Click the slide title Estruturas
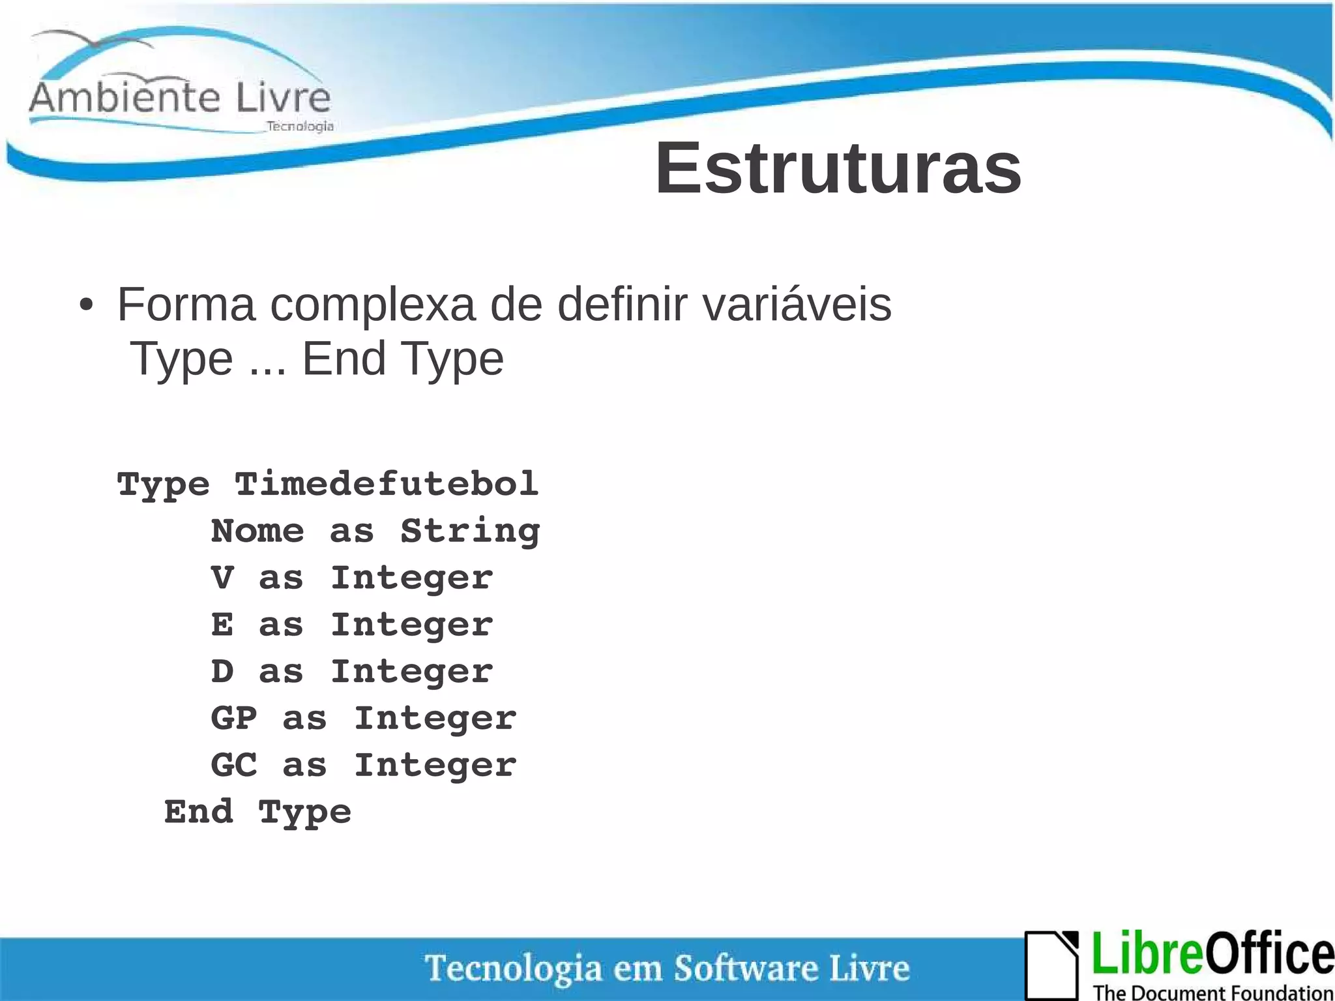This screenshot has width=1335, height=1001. pyautogui.click(x=838, y=169)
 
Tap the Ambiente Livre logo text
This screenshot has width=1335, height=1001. pyautogui.click(x=180, y=98)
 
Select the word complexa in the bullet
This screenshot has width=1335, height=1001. pyautogui.click(x=373, y=305)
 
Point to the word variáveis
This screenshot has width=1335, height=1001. pyautogui.click(x=797, y=305)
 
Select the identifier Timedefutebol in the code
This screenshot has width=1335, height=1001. pyautogui.click(x=387, y=485)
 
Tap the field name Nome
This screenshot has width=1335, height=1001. pyautogui.click(x=257, y=531)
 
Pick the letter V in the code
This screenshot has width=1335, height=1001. pyautogui.click(x=222, y=578)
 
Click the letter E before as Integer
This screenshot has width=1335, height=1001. pyautogui.click(x=222, y=625)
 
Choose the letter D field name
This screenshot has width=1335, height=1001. pyautogui.click(x=222, y=672)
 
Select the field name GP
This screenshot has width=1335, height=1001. pyautogui.click(x=234, y=719)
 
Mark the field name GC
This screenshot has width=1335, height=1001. pyautogui.click(x=234, y=766)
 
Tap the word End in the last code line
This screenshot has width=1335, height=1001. pyautogui.click(x=198, y=813)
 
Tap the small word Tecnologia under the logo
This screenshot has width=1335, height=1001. pyautogui.click(x=300, y=127)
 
